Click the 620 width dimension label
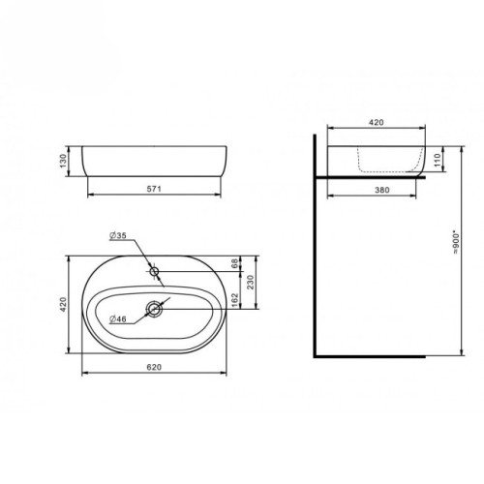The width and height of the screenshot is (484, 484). pos(154,368)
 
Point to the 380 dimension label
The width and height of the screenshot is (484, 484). pos(376,192)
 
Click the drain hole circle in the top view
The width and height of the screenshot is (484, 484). pos(154,310)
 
